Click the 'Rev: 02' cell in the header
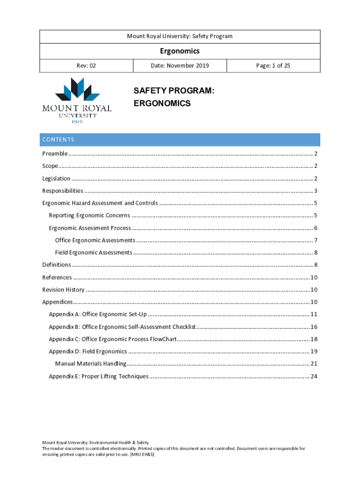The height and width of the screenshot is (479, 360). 86,65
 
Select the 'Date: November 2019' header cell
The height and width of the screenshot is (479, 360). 180,65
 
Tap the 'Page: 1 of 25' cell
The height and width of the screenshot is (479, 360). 273,65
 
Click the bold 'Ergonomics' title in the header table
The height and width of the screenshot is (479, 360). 180,51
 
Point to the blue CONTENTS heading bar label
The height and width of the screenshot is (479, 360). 58,139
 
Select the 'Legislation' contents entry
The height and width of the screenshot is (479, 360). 57,178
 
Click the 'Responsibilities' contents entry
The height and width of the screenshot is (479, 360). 63,190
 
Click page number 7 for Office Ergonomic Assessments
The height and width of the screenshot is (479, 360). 316,240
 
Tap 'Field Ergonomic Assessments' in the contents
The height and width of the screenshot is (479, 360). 94,252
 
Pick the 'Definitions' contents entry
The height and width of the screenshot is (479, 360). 57,265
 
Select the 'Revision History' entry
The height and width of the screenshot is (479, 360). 64,290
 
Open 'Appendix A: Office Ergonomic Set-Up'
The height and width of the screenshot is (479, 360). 98,314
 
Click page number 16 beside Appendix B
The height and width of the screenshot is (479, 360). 314,327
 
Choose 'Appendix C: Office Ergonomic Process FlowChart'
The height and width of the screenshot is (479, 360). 112,339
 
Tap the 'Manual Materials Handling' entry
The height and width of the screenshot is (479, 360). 90,363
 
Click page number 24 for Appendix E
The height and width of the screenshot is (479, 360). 314,376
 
